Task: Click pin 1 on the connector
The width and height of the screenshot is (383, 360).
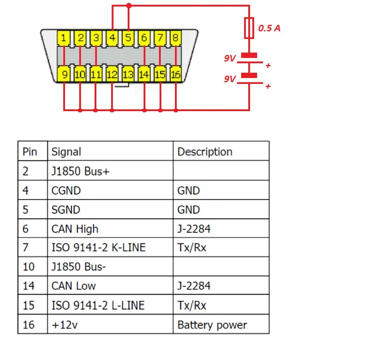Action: (x=63, y=38)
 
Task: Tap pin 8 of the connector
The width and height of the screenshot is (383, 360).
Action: (x=176, y=38)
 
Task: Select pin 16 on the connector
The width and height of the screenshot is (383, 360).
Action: (x=176, y=74)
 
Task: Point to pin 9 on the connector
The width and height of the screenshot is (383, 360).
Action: (x=64, y=74)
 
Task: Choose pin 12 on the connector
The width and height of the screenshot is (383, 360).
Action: (x=112, y=74)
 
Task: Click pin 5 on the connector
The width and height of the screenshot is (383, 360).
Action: (x=128, y=38)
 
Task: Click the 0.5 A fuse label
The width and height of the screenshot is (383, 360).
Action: (x=269, y=28)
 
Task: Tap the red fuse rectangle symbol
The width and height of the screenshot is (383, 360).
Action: (x=249, y=28)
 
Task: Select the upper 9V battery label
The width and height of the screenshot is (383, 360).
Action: (x=229, y=58)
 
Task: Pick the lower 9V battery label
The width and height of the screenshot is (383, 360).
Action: (x=229, y=79)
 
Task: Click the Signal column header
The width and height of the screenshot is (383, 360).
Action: (x=66, y=152)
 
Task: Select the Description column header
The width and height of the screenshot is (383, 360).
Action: (x=205, y=152)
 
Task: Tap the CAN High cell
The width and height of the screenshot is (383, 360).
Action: (x=74, y=229)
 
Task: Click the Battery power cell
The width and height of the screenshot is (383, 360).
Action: (x=212, y=325)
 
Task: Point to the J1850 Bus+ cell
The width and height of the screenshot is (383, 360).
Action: (x=80, y=171)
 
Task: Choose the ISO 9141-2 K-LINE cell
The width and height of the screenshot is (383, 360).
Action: (x=99, y=248)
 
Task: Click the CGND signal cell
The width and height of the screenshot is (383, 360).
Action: (x=66, y=190)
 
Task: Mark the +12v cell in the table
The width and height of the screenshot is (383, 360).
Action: (x=64, y=325)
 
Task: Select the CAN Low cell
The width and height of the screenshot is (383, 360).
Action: (x=73, y=286)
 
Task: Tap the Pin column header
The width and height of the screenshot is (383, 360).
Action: (x=30, y=152)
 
